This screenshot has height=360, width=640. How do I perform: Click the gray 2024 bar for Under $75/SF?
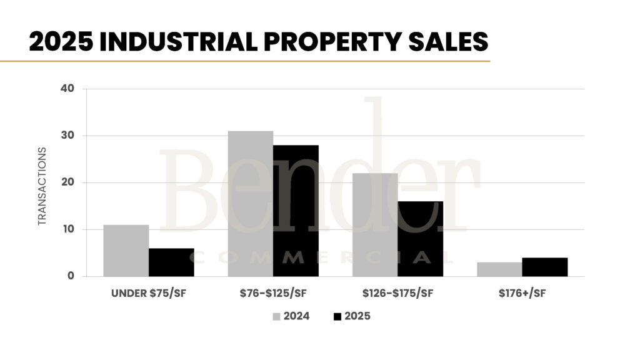126,251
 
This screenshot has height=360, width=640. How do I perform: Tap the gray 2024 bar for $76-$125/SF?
251,204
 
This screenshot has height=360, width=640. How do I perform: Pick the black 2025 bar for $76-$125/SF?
296,211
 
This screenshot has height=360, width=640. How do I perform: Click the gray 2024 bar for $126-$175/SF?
375,225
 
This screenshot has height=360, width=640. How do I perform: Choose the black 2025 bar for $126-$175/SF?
420,239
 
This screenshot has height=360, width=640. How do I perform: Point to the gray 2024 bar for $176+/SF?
499,269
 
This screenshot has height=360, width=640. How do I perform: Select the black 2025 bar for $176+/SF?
544,267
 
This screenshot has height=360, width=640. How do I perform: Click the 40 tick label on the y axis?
68,89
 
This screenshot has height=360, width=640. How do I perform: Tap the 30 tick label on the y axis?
68,136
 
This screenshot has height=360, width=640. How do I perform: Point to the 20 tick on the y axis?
68,182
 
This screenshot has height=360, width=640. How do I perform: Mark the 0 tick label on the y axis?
71,276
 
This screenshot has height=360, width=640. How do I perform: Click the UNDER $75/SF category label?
148,293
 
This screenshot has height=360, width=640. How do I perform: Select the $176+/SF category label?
522,293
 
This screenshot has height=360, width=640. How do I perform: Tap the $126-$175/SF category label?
397,293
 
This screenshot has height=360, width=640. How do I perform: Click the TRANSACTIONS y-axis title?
42,186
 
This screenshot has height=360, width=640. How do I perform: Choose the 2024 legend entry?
291,316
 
